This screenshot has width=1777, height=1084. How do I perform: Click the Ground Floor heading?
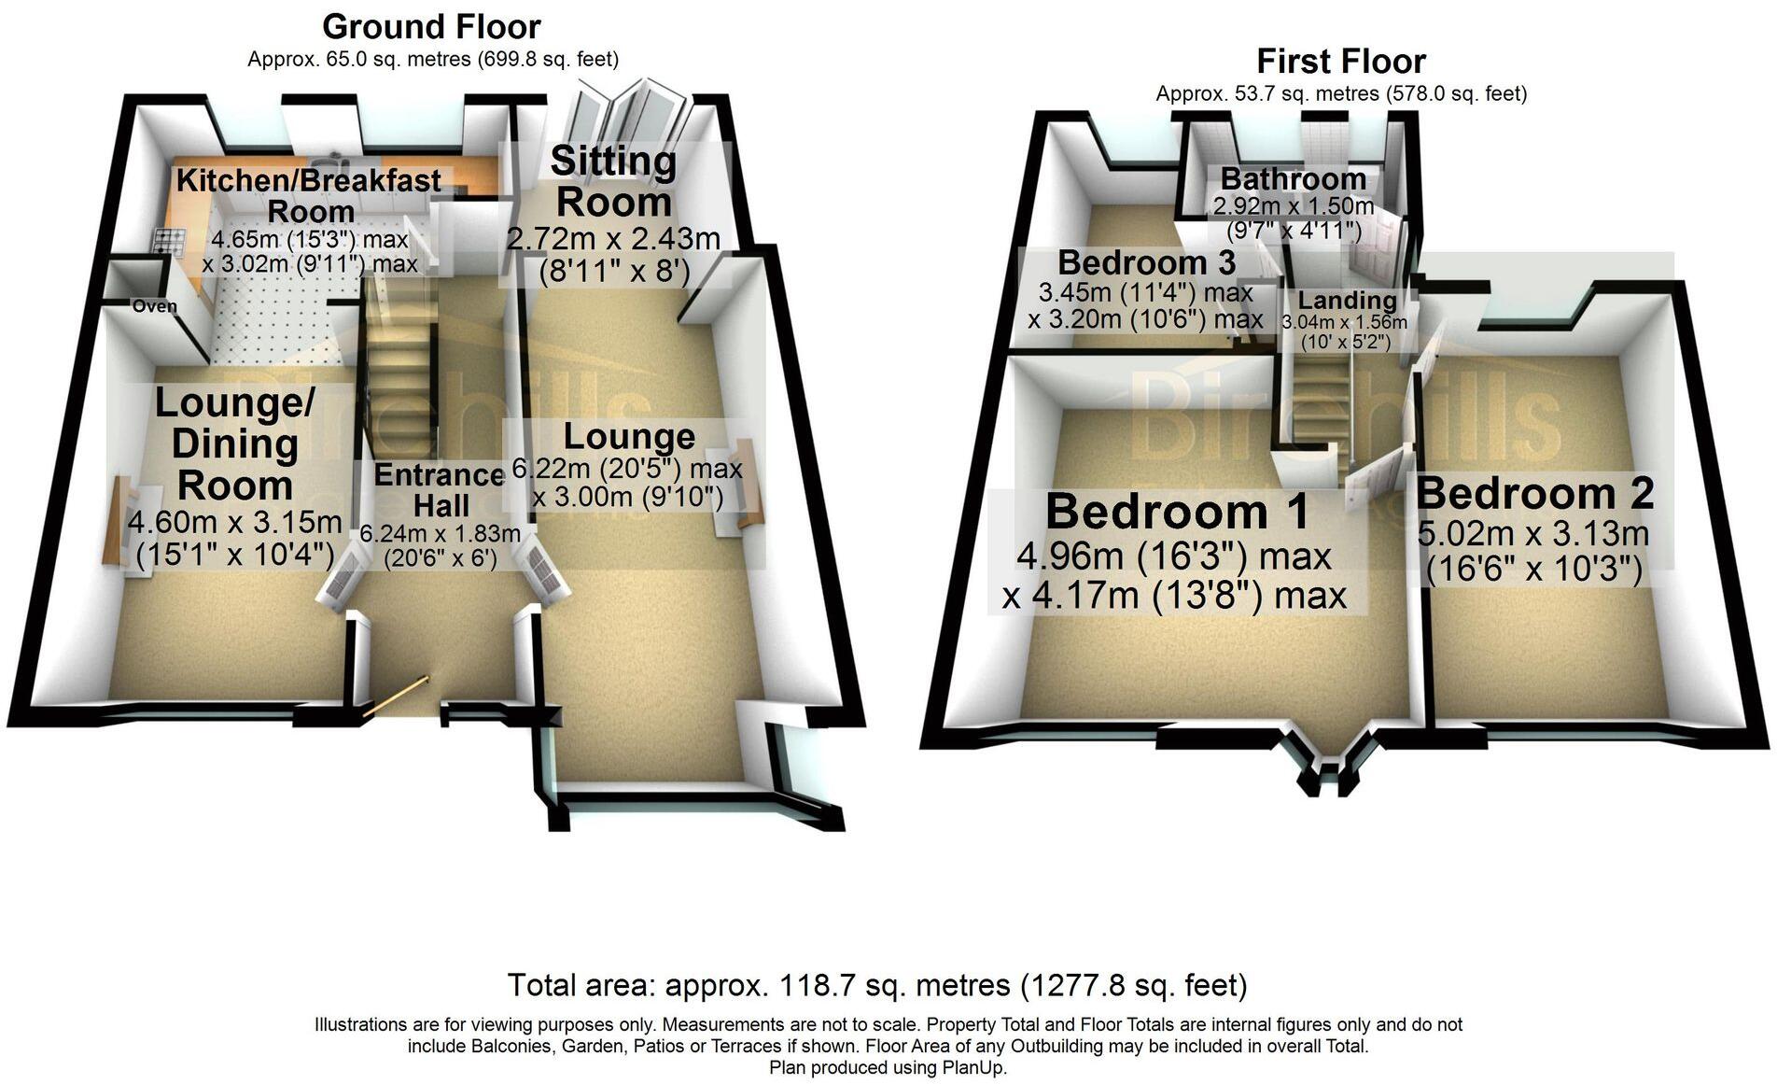coord(431,27)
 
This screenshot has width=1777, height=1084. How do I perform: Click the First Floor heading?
coord(1340,62)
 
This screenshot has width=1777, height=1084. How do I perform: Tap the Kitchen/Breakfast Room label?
coord(309,194)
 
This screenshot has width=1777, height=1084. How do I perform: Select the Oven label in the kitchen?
coord(154,306)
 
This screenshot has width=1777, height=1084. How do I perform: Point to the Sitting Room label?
coord(612,181)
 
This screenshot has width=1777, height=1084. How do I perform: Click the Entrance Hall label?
coord(441,490)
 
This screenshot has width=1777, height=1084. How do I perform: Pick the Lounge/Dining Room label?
coord(235,443)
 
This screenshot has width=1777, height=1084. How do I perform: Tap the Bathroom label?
coord(1293,178)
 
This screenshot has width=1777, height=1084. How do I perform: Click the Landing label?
coord(1347,301)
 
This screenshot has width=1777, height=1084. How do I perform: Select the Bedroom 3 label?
coord(1146,262)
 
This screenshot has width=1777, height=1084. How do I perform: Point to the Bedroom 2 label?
coord(1534,493)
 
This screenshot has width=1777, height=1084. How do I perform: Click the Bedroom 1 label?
coord(1177,513)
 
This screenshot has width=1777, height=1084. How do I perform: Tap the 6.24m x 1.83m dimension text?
coord(441,534)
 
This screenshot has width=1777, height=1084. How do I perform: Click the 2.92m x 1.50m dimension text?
coord(1293,205)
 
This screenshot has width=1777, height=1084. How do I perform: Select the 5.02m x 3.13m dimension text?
coord(1532,535)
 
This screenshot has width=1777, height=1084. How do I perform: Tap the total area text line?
coord(876,985)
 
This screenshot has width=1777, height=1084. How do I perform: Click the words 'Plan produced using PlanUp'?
coord(888,1067)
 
